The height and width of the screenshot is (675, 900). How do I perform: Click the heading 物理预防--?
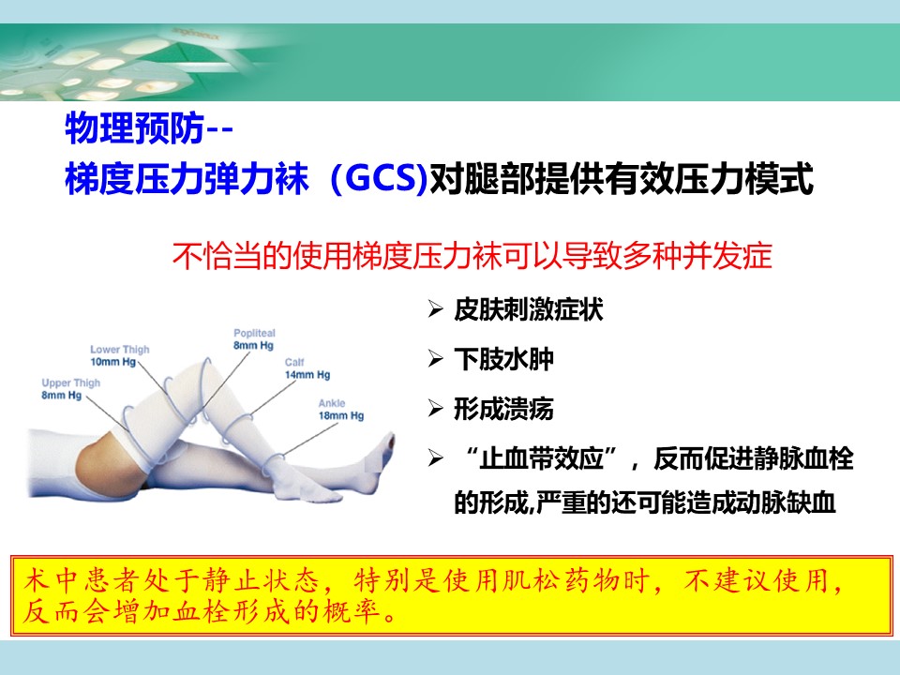pos(149,128)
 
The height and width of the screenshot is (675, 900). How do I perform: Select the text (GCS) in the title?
pos(380,178)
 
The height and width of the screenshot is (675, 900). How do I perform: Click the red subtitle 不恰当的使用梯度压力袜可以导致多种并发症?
pos(472,255)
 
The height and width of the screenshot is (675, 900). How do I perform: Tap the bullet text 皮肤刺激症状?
pos(528,309)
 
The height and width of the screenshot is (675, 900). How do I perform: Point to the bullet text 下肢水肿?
pos(503,359)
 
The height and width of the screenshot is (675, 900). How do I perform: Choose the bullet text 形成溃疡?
pos(503,409)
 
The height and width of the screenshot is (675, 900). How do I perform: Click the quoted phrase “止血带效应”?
pos(542,458)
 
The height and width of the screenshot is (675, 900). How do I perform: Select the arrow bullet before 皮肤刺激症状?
pos(436,310)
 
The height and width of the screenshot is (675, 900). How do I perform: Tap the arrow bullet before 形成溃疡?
pos(436,410)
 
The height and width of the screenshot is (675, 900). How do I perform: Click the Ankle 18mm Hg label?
pos(341,410)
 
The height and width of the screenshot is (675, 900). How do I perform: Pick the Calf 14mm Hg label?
pos(307,368)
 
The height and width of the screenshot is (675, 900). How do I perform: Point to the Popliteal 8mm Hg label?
pos(254,339)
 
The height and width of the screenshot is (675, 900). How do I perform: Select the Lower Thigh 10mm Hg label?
pos(119,355)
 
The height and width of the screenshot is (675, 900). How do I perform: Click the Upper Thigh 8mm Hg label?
pos(70,388)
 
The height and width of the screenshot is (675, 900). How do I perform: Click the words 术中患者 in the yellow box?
pos(82,581)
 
